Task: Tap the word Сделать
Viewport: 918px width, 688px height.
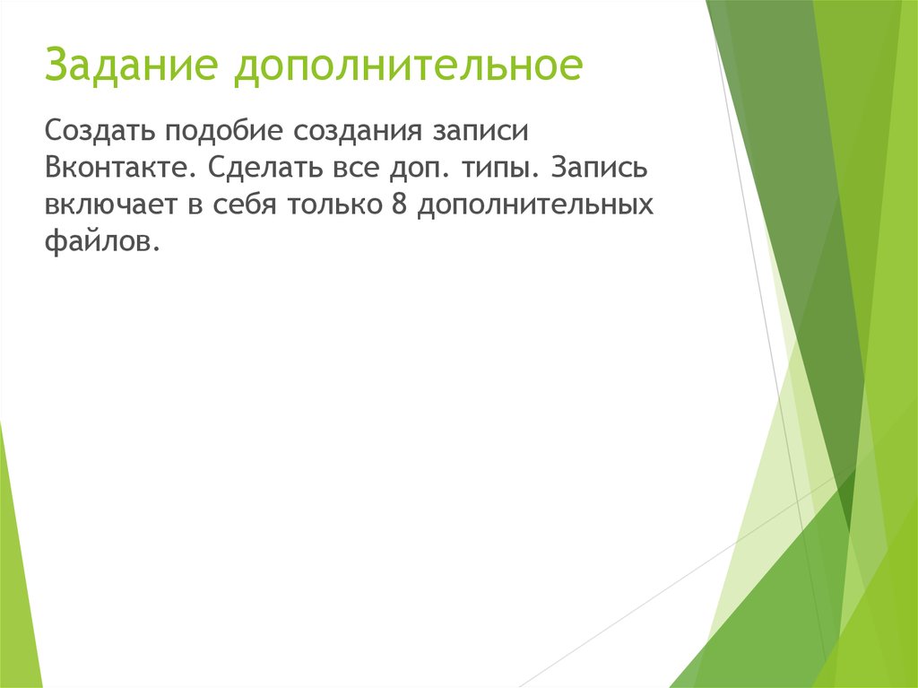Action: (x=255, y=169)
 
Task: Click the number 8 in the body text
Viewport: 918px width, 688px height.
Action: (x=399, y=205)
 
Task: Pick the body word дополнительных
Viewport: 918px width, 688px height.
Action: (x=533, y=205)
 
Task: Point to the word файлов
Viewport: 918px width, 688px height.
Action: (x=102, y=242)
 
